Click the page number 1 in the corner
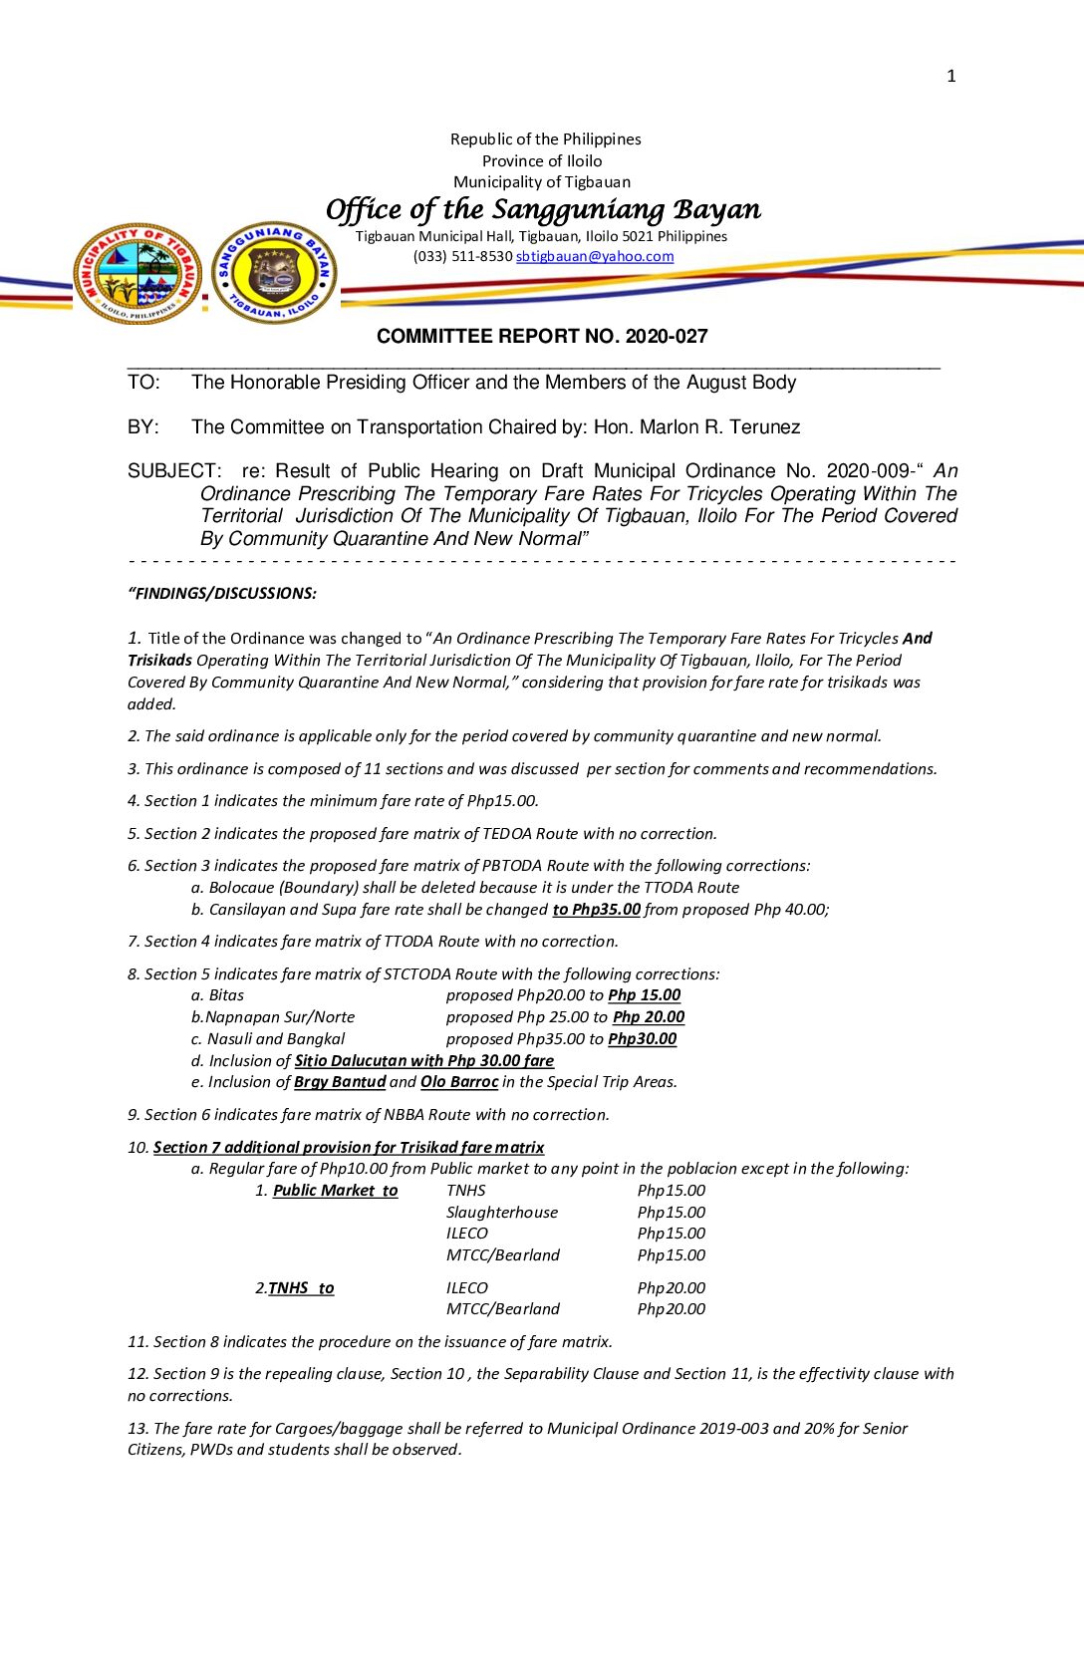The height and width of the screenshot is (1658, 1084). click(x=950, y=76)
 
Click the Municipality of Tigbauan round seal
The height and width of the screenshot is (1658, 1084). click(x=137, y=273)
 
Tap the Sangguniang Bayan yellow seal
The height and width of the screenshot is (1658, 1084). click(x=275, y=273)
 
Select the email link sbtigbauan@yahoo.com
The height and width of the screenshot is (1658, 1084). click(x=595, y=256)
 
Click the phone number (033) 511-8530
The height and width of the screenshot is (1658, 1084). click(x=462, y=256)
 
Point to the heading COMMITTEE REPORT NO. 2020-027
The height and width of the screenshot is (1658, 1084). click(x=542, y=337)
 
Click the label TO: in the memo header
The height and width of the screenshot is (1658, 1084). click(x=143, y=383)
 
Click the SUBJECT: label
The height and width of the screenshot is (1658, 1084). click(x=173, y=471)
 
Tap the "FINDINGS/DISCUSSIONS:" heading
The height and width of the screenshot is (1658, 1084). click(x=222, y=594)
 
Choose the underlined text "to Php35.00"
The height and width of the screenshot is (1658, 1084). click(x=596, y=910)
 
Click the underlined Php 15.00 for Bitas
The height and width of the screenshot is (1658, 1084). click(x=644, y=995)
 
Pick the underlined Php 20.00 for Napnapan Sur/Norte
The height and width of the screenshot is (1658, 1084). click(x=649, y=1017)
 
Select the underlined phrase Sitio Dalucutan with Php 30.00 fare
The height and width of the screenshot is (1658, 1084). click(x=423, y=1061)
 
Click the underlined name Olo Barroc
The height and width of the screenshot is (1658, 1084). click(x=458, y=1082)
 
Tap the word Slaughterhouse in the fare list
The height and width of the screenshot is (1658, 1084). click(x=501, y=1213)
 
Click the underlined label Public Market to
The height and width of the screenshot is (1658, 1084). click(x=335, y=1191)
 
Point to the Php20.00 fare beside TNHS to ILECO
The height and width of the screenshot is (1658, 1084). click(x=671, y=1288)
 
